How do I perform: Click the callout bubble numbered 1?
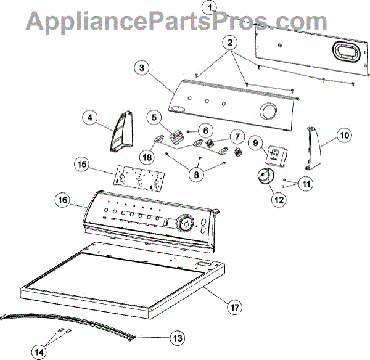point(211,7)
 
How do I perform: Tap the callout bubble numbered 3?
point(142,69)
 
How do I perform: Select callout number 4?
point(90,117)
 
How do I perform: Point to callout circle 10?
point(344,133)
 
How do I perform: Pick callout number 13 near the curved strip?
point(177,337)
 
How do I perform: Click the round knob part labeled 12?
point(264,177)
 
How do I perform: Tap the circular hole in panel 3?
point(268,112)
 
